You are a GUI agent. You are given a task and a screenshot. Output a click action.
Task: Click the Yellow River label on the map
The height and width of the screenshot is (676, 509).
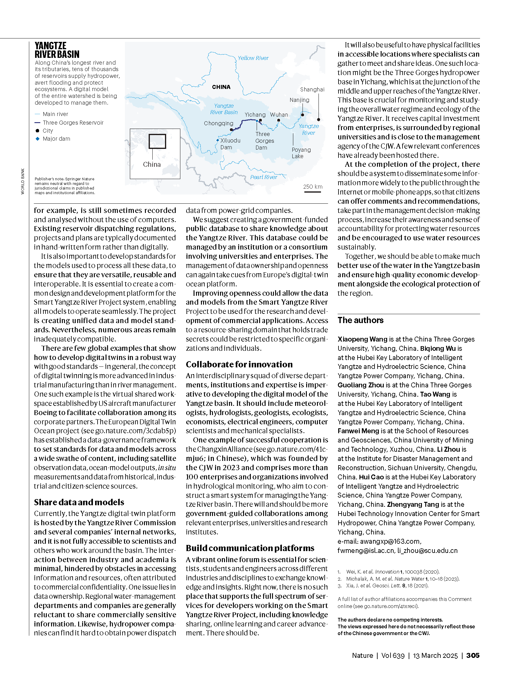[x=253, y=58]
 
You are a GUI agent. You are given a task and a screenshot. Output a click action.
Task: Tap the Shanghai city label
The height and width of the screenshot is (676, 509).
[x=312, y=90]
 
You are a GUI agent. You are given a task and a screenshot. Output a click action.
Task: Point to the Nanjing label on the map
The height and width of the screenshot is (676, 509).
[x=299, y=100]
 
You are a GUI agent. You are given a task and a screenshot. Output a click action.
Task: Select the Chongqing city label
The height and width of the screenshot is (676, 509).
[x=218, y=123]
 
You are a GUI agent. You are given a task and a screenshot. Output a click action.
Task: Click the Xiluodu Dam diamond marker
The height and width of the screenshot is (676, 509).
[x=218, y=140]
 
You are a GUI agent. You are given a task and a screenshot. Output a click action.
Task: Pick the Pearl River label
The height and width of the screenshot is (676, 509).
[x=263, y=177]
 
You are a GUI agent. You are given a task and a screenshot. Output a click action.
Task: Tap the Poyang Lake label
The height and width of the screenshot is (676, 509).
[x=301, y=153]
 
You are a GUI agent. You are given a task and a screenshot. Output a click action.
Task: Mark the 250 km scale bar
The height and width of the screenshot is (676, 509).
[x=312, y=192]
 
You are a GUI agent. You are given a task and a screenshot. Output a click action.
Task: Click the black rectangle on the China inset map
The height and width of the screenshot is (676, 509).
[x=157, y=141]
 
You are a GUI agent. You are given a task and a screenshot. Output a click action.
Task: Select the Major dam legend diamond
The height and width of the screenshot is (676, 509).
[x=38, y=139]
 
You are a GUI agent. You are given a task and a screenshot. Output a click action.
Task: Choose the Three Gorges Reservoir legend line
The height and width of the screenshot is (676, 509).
[x=38, y=123]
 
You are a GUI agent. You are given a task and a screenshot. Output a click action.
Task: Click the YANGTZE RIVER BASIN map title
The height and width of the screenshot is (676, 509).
[x=57, y=50]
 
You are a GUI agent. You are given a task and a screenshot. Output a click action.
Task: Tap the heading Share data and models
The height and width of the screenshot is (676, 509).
[x=79, y=502]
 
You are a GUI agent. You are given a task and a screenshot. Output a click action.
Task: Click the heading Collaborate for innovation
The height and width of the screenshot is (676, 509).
[x=239, y=365]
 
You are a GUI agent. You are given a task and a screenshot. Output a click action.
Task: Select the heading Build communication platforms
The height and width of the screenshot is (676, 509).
[x=250, y=548]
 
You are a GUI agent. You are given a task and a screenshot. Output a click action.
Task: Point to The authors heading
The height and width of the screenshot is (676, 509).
[x=360, y=320]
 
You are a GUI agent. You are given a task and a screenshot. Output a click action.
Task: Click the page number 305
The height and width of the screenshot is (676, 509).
[x=473, y=655]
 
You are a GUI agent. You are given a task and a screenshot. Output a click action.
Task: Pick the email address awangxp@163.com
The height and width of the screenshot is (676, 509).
[x=390, y=541]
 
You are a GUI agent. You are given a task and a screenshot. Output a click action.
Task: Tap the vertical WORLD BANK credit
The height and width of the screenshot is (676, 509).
[x=22, y=181]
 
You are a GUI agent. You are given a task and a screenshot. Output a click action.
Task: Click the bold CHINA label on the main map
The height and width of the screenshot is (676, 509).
[x=221, y=87]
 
